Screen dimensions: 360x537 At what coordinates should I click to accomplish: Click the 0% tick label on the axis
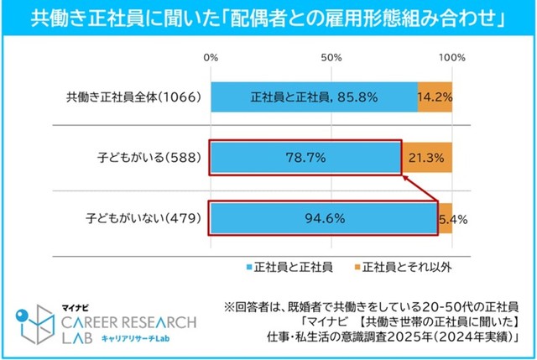pos(211,58)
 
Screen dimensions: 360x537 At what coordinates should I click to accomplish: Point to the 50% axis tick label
pos(331,58)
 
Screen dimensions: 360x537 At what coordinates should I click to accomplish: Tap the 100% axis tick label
pos(452,58)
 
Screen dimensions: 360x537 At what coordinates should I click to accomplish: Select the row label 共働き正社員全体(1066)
pos(133,97)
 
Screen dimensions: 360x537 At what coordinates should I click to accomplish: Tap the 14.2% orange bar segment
pos(435,97)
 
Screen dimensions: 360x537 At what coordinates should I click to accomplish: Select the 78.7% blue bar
pos(305,157)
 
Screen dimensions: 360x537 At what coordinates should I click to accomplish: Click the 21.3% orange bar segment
pos(427,157)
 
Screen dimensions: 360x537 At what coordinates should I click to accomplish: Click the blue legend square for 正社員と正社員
pos(251,267)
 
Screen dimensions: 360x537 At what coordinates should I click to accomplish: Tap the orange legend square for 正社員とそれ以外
pos(353,267)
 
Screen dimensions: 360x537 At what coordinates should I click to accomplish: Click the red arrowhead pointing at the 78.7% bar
pos(404,176)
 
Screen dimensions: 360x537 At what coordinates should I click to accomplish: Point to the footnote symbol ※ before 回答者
pos(228,305)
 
